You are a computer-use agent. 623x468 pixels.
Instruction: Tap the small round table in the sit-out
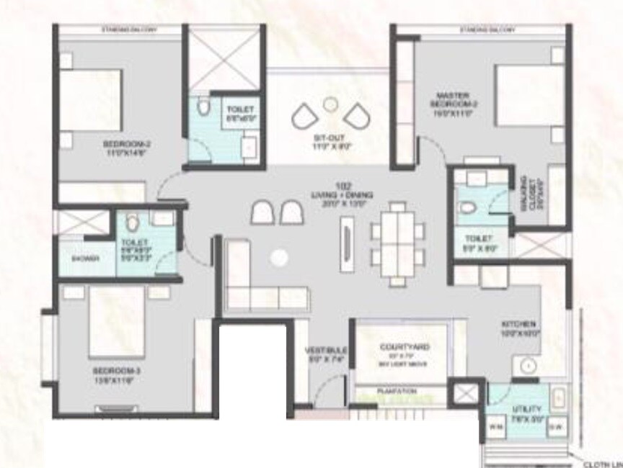(330, 104)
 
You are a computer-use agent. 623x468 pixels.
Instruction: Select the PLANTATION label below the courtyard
(397, 391)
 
